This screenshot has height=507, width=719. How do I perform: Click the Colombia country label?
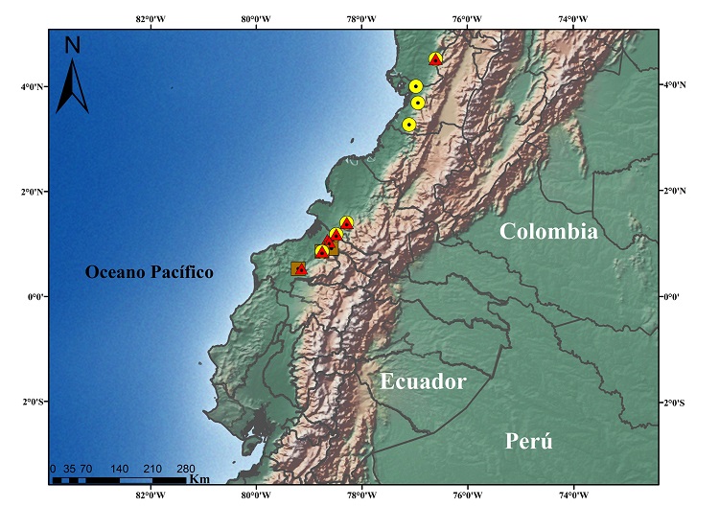(548, 231)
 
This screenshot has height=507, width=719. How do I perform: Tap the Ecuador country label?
(423, 381)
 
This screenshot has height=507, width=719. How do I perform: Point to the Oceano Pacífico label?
(149, 272)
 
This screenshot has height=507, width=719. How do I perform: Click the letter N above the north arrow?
(73, 44)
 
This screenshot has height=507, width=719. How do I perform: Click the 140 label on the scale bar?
(120, 469)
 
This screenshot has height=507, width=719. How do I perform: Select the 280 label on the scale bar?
(186, 469)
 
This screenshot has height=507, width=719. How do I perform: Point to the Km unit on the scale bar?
(199, 478)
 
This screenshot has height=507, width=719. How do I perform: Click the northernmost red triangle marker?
(435, 59)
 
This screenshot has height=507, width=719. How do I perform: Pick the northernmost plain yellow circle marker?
(416, 86)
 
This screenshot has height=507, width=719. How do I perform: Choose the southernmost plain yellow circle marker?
(409, 125)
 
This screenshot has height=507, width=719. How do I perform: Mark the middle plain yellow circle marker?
(418, 103)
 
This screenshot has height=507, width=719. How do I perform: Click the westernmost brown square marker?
(297, 269)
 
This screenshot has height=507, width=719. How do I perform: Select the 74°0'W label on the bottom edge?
(572, 495)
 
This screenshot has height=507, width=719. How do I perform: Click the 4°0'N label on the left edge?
(33, 86)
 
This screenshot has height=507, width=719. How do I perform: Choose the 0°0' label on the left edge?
(35, 296)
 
